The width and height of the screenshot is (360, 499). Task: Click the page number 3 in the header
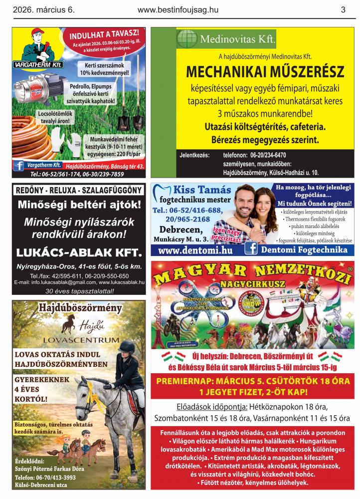pos(343,9)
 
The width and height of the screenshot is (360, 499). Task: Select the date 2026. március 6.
pos(43,9)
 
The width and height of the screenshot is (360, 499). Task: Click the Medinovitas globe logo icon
pos(187,38)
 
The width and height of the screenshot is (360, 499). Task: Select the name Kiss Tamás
pos(202,190)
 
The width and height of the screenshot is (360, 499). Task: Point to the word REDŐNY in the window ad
pos(31,190)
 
